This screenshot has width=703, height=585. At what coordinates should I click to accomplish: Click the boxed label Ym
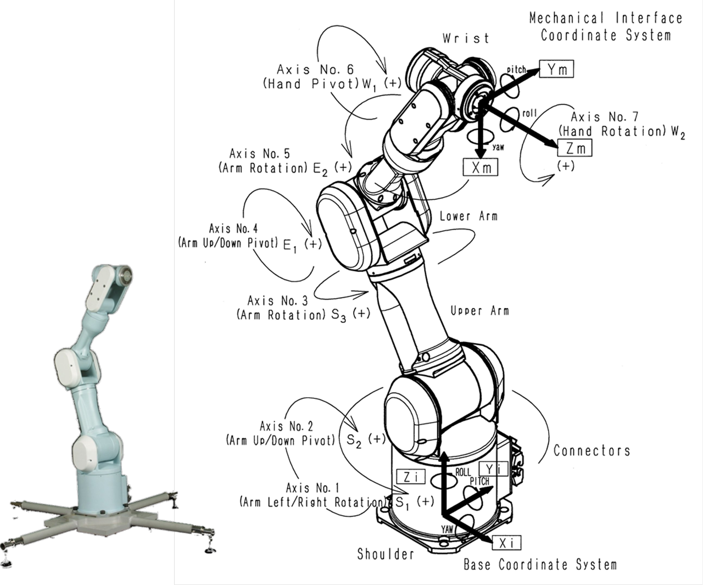click(x=556, y=69)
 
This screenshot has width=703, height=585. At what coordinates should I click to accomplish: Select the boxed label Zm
click(x=575, y=148)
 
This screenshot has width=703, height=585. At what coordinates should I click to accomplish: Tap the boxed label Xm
click(x=481, y=168)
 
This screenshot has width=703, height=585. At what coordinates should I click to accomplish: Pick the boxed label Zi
click(x=411, y=477)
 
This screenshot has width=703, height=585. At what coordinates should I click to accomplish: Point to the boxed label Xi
click(x=506, y=543)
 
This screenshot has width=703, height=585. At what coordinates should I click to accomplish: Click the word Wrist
click(x=465, y=38)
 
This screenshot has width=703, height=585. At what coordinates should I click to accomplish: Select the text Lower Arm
click(x=468, y=216)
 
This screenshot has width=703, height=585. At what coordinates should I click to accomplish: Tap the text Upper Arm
click(x=479, y=311)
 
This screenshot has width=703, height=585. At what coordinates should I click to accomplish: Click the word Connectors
click(x=592, y=451)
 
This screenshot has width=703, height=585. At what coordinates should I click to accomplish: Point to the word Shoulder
click(x=386, y=554)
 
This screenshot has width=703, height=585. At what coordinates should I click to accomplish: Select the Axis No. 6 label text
click(x=315, y=70)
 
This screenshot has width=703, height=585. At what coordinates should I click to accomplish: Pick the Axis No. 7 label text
click(x=605, y=117)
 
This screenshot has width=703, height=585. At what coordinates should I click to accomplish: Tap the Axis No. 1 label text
click(x=313, y=488)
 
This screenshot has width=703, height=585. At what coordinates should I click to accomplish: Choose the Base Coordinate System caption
click(x=540, y=565)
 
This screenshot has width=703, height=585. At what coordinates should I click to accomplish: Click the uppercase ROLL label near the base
click(x=463, y=472)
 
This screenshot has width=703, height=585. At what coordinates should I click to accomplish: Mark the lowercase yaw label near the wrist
click(x=498, y=147)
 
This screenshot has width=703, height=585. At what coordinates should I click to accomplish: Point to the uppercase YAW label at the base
click(x=448, y=529)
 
